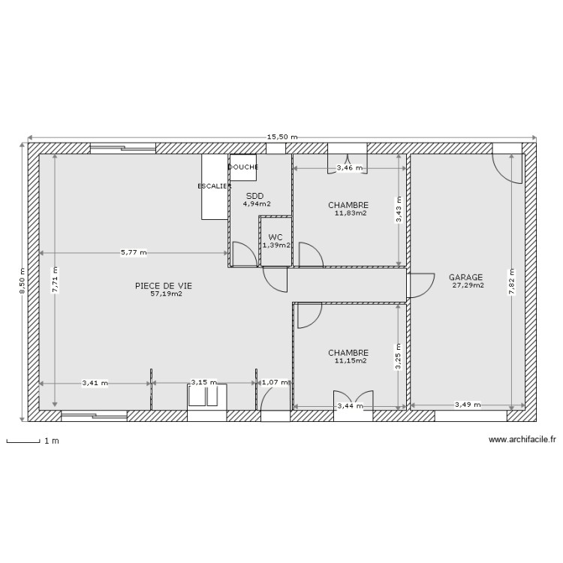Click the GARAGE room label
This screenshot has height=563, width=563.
pos(465,277)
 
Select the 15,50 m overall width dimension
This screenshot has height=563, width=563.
pos(281,137)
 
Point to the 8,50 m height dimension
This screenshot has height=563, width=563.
pos(22,281)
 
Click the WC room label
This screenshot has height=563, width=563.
pos(275,237)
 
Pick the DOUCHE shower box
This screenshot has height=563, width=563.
pos(243,167)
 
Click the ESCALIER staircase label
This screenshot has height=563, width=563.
pos(214,185)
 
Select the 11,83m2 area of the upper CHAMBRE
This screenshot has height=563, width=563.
pos(351,213)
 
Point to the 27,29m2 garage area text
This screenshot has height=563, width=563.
pos(468,285)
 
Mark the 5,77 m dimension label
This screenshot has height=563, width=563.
pos(134,253)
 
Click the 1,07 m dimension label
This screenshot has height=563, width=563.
pos(273,383)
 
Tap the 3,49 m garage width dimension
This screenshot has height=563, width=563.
pos(467,406)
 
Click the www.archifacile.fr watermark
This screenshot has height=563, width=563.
pos(522,441)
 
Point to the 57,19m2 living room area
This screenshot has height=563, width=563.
pos(166,294)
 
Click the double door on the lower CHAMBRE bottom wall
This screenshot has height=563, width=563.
pos(353,401)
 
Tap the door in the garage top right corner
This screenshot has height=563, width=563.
pos(507,167)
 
